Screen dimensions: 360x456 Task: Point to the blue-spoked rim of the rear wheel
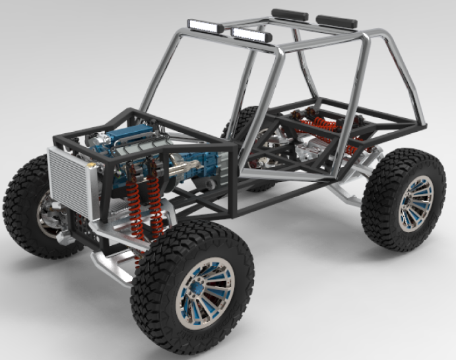(x=414, y=203)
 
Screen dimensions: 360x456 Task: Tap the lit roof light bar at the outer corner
(x=205, y=26)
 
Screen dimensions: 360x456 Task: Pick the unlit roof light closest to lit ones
(x=290, y=15)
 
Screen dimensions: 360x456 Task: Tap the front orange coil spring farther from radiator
(x=156, y=201)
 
